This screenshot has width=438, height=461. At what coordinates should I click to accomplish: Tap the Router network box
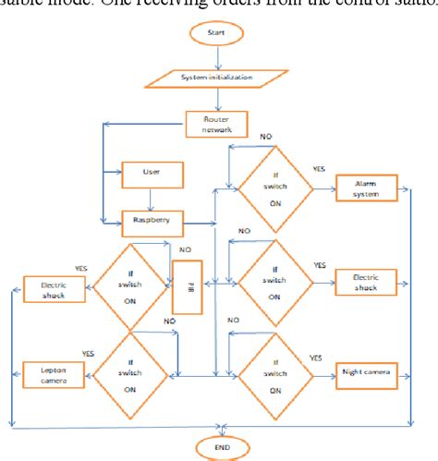[x=216, y=124]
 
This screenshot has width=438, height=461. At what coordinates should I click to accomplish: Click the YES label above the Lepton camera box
[x=89, y=354]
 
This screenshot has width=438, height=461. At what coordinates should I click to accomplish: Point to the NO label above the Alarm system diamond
[x=265, y=136]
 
